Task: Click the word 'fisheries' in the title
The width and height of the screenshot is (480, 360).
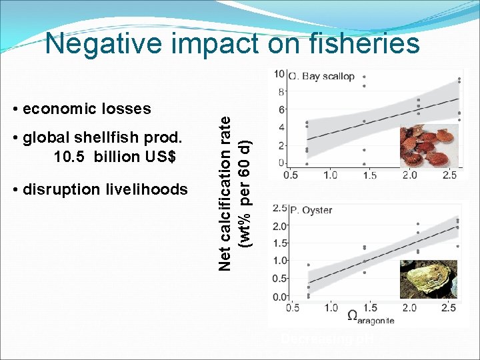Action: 363,44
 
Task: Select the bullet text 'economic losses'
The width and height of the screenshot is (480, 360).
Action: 87,109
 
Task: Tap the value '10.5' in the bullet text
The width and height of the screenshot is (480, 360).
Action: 70,157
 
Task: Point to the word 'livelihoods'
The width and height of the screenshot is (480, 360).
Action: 147,189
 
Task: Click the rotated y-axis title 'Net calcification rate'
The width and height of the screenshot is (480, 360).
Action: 227,190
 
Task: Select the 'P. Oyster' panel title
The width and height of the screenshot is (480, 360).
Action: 311,210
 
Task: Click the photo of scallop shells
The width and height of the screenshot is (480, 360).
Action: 429,147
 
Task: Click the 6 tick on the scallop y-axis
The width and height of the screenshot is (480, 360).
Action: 283,109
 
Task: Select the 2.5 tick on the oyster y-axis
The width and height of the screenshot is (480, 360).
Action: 280,209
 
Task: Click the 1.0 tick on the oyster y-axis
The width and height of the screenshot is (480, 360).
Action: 280,261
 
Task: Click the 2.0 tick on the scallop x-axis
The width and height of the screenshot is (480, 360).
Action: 409,175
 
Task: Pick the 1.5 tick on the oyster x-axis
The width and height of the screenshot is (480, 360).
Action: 370,307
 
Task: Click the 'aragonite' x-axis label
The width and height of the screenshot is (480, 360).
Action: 376,321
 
